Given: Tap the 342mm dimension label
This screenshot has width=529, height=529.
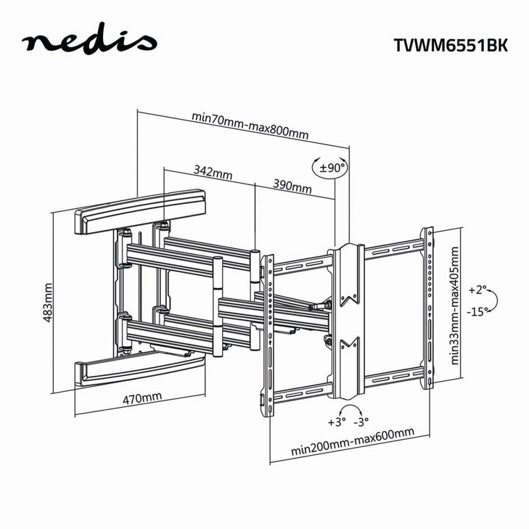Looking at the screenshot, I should click(207, 172).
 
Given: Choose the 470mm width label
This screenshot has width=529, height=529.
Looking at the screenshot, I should click(140, 398).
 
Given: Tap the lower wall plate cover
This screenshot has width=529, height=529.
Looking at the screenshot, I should click(140, 370).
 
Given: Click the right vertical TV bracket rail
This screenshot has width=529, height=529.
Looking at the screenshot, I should click(427, 309).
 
